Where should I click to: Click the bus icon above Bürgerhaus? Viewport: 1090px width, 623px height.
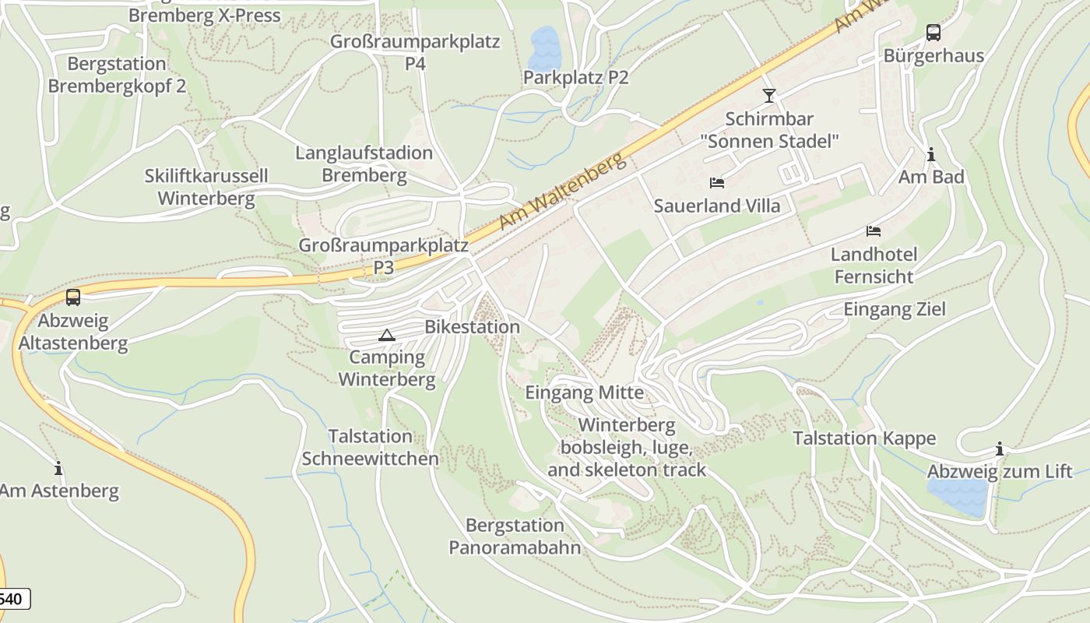[x=933, y=33]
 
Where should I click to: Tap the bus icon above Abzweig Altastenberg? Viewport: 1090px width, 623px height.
[x=72, y=297]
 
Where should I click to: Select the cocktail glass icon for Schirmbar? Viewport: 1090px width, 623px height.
[x=769, y=96]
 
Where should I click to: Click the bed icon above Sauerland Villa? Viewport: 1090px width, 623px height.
[x=717, y=183]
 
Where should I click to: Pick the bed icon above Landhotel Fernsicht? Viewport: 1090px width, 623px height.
[x=874, y=231]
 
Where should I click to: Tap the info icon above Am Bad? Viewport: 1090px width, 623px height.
[x=930, y=154]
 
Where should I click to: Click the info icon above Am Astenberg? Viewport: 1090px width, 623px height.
[x=58, y=468]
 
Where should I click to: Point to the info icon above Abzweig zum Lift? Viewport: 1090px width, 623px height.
[x=999, y=449]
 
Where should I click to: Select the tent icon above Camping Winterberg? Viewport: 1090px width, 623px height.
[x=386, y=336]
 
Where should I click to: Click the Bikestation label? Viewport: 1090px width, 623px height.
[x=472, y=327]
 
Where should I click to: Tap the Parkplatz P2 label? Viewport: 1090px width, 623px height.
[x=575, y=78]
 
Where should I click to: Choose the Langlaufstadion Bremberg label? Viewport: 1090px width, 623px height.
[x=364, y=164]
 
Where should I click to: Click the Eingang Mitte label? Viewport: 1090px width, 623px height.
[x=585, y=392]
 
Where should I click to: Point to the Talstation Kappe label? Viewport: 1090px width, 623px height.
[x=864, y=438]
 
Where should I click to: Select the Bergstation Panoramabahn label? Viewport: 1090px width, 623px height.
[x=515, y=536]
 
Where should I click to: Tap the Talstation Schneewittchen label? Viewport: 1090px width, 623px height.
[x=370, y=447]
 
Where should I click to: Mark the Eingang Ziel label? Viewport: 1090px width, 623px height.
[x=895, y=310]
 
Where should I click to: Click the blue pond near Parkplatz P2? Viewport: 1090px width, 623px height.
[x=543, y=48]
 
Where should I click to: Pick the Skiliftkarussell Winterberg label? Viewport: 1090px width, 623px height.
[x=206, y=187]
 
